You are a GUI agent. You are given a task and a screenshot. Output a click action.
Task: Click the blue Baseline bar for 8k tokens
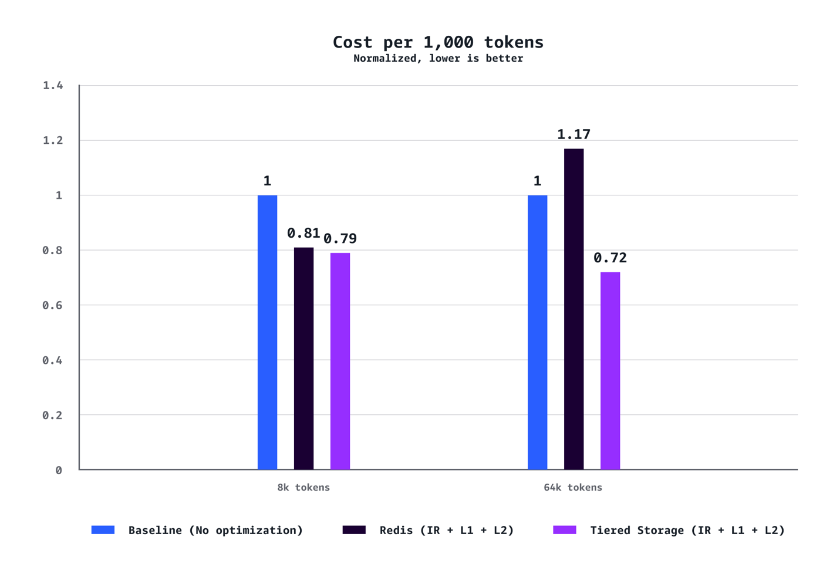pos(267,332)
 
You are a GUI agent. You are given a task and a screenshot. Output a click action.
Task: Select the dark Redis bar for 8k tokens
pos(303,359)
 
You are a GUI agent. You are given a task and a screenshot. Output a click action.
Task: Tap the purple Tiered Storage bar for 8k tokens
pos(340,361)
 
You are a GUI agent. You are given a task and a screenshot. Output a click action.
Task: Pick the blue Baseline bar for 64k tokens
pos(537,332)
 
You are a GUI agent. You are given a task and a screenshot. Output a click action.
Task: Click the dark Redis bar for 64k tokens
pos(574,309)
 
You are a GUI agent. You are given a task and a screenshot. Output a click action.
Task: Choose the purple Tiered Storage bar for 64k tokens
pos(610,371)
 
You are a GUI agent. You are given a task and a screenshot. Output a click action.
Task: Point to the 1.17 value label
pos(574,134)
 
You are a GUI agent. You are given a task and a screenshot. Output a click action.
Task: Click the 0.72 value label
pos(610,258)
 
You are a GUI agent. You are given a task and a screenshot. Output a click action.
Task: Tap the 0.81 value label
pos(303,233)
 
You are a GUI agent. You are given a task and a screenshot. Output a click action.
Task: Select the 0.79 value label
pos(340,238)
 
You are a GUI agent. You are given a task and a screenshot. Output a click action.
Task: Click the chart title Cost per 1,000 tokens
pos(438,42)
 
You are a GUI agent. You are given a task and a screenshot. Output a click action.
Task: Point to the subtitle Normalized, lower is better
pos(438,58)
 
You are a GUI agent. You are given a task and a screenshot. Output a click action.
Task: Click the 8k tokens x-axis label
pos(303,487)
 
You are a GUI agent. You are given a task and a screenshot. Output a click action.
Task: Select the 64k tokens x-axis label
pos(573,487)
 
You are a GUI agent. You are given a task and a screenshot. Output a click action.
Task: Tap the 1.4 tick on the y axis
pos(53,86)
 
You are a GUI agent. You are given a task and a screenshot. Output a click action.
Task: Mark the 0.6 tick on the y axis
pos(53,305)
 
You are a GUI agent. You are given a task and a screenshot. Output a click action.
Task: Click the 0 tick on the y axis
pos(59,470)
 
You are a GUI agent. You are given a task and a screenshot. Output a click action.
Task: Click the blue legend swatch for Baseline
pos(103,530)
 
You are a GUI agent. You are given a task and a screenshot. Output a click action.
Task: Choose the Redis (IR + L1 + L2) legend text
pos(447,530)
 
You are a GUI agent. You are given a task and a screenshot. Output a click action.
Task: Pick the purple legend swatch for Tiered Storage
pos(564,530)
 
